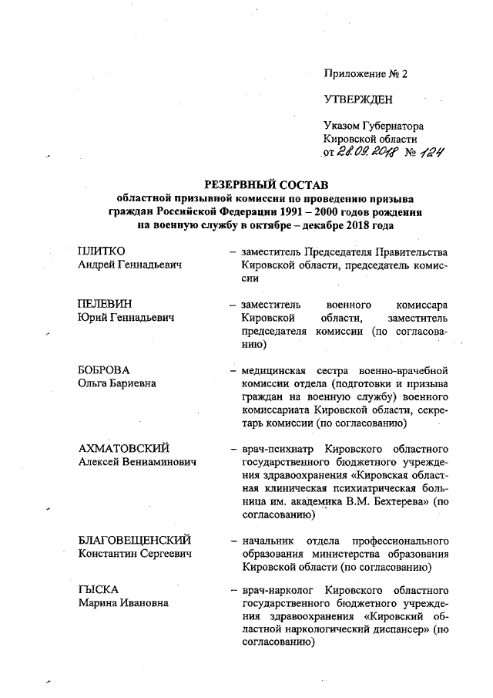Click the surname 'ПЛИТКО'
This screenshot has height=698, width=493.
tap(102, 251)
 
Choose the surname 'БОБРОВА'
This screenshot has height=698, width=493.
tap(104, 369)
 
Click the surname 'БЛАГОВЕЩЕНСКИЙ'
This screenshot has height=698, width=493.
tap(134, 539)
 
